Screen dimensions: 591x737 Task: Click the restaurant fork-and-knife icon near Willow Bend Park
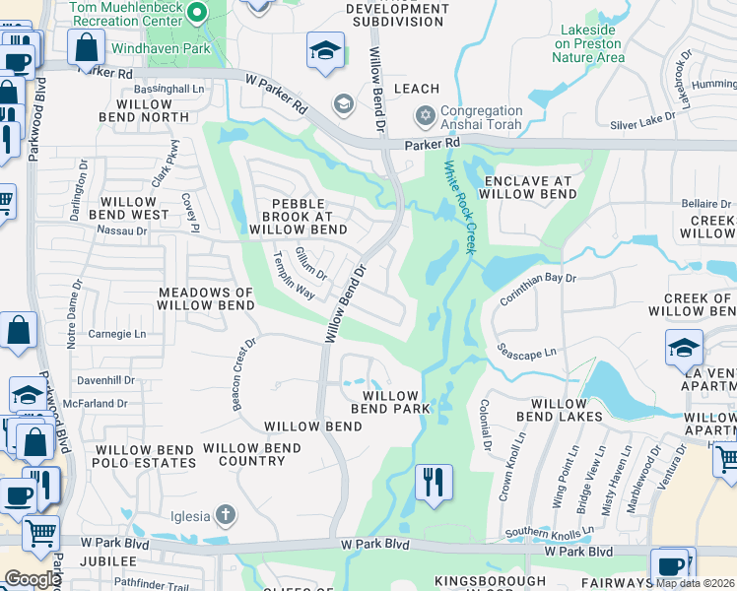(434, 483)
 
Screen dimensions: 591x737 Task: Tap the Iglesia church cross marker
(226, 514)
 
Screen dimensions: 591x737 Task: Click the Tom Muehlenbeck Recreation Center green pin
(196, 13)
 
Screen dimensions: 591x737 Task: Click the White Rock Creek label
(458, 208)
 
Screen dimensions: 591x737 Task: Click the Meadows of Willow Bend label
(207, 298)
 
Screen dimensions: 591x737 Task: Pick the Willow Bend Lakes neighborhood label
(566, 410)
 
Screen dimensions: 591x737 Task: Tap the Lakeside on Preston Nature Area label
(588, 43)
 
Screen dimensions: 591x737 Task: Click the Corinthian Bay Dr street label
(537, 287)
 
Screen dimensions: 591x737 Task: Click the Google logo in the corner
(33, 579)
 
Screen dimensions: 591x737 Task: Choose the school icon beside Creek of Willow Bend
(684, 349)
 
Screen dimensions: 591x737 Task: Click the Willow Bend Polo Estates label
(144, 455)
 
